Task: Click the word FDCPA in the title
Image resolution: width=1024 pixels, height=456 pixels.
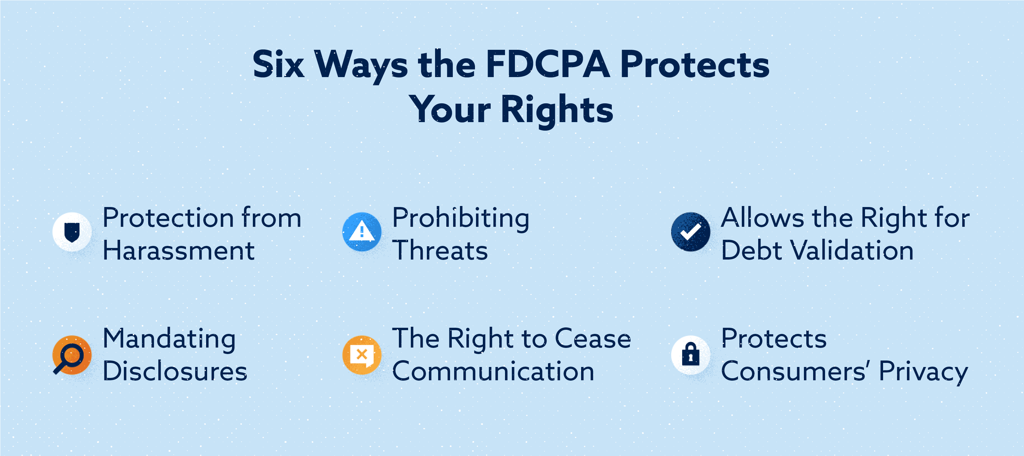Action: coord(547,64)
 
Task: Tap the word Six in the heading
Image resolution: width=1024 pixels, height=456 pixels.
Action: coord(278,64)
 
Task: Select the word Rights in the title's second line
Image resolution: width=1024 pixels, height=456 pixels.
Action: coord(557,109)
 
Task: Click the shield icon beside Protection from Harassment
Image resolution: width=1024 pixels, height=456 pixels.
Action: coord(72,232)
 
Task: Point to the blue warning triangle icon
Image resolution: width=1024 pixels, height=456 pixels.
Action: coord(361,232)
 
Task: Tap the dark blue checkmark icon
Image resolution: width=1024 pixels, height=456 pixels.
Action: coord(691,232)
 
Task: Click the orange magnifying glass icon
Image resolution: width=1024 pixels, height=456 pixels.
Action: coord(72,355)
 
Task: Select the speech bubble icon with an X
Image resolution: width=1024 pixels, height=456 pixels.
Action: coord(361,355)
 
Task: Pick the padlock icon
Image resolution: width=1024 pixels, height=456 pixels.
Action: coord(691,355)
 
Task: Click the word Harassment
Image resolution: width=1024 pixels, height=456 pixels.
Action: coord(178,251)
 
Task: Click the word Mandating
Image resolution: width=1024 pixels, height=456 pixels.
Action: coord(169,339)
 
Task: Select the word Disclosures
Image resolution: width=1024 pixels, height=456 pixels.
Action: coord(175,371)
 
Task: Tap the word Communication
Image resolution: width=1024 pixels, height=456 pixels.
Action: coord(493,371)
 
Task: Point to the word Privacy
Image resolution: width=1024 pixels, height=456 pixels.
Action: coord(923,372)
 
